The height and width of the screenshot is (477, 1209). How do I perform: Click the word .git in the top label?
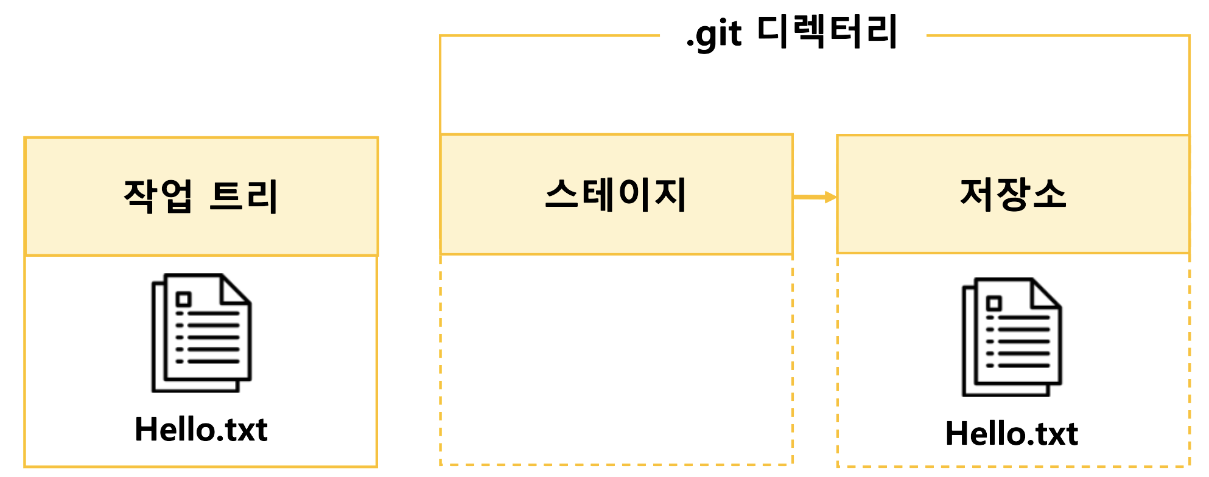pyautogui.click(x=714, y=35)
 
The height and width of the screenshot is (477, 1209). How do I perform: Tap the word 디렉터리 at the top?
pyautogui.click(x=827, y=32)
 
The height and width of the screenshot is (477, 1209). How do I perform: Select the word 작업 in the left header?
pyautogui.click(x=158, y=195)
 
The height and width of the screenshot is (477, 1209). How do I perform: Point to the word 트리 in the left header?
pyautogui.click(x=244, y=196)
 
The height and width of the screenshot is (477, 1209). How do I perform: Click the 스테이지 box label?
pyautogui.click(x=616, y=195)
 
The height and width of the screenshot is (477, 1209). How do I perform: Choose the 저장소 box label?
pyautogui.click(x=1013, y=194)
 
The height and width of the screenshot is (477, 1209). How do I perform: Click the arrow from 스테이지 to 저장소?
pyautogui.click(x=815, y=197)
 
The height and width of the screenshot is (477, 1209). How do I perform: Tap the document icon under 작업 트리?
pyautogui.click(x=201, y=333)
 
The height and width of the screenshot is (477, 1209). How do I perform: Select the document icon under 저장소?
pyautogui.click(x=1012, y=336)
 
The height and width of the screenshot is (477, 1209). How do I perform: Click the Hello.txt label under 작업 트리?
pyautogui.click(x=201, y=430)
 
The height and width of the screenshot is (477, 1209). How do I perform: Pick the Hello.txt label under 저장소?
pyautogui.click(x=1012, y=434)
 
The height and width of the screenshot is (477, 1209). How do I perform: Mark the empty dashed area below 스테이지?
pyautogui.click(x=616, y=359)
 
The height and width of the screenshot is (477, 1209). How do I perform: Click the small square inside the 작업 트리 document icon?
pyautogui.click(x=183, y=299)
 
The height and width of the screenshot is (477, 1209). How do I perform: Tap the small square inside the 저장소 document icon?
pyautogui.click(x=994, y=303)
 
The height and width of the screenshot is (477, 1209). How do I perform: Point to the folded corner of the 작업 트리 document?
pyautogui.click(x=235, y=290)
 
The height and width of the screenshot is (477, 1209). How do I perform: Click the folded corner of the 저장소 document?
pyautogui.click(x=1046, y=293)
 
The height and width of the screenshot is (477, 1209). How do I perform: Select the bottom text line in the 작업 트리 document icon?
pyautogui.click(x=213, y=361)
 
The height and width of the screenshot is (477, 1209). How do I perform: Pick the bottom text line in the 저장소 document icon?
pyautogui.click(x=1024, y=366)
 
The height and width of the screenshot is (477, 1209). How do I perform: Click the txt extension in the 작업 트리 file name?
pyautogui.click(x=246, y=430)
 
